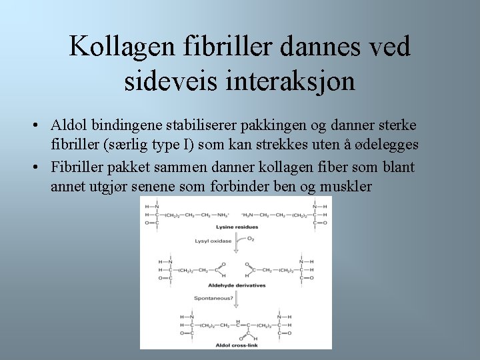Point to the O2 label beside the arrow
click(251, 239)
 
